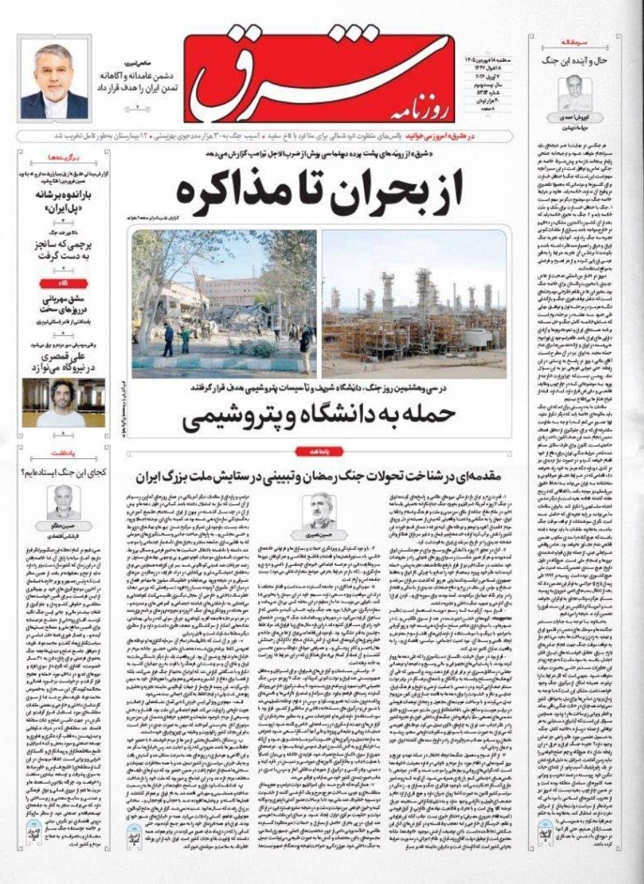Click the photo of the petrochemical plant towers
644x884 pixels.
click(x=413, y=305)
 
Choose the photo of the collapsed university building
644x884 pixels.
click(x=224, y=305)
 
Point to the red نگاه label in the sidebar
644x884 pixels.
click(x=63, y=282)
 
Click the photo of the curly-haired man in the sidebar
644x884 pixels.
click(x=63, y=402)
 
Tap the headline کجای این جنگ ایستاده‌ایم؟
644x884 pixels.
click(x=63, y=472)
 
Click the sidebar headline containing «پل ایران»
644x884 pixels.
click(x=63, y=200)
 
